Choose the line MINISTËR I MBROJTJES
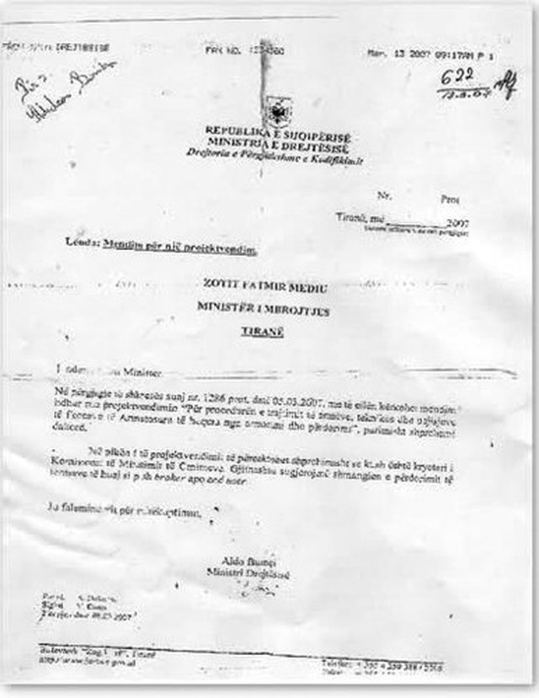pos(264,311)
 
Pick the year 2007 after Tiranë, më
pos(457,223)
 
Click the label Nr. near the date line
pos(385,194)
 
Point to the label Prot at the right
pos(451,199)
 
